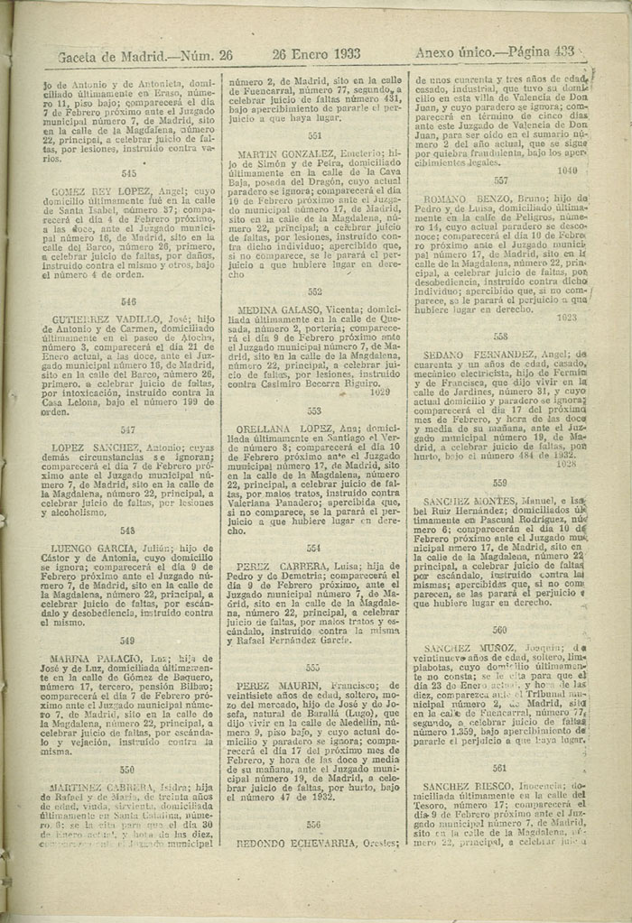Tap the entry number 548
[x=127, y=531]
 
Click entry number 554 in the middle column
[x=313, y=548]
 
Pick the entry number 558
[x=499, y=336]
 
